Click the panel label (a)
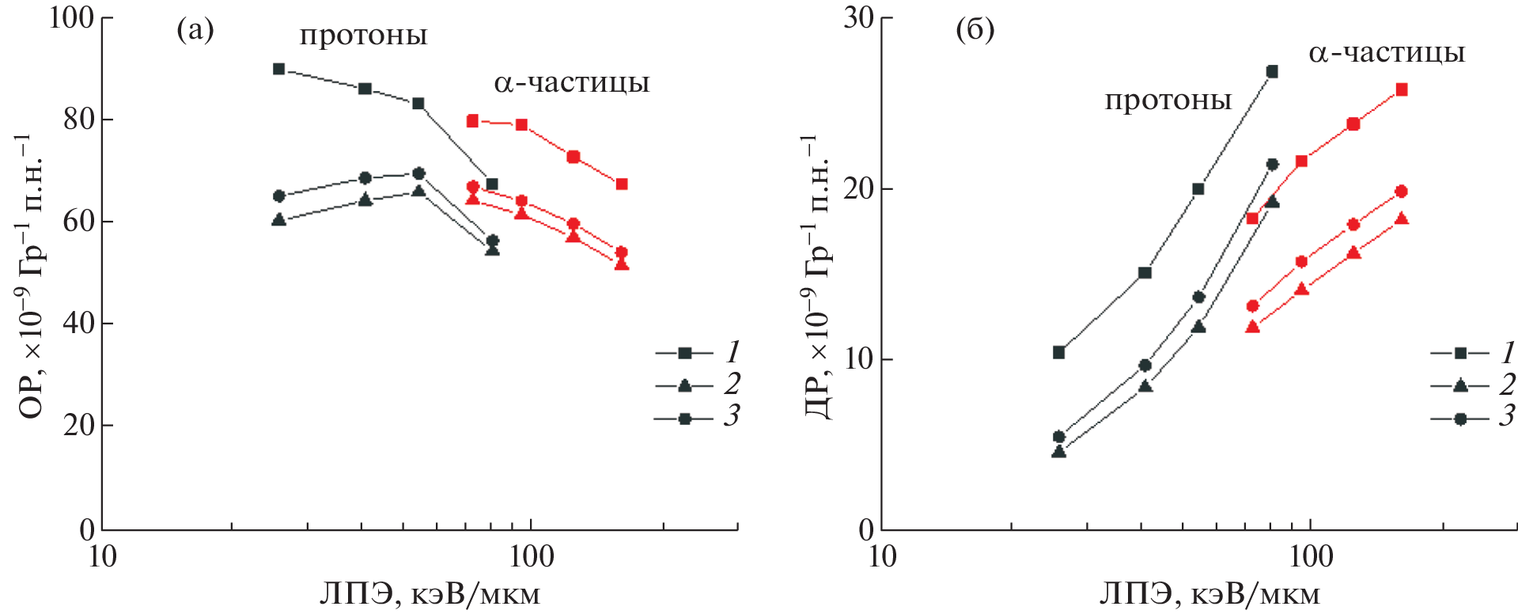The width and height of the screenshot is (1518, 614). point(195,31)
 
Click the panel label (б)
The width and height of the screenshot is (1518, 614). point(975,31)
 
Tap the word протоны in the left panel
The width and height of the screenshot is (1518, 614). point(363,36)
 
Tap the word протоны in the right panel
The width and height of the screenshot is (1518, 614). point(1168,100)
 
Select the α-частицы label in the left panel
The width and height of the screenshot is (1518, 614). point(571,83)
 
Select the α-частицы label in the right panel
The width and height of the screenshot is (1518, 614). point(1386,53)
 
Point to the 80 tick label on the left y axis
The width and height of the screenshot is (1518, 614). point(78,119)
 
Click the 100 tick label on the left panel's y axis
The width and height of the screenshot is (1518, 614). point(71,17)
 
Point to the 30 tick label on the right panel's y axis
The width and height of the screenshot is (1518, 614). point(857,17)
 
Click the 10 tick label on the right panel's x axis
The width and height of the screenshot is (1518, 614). point(882,557)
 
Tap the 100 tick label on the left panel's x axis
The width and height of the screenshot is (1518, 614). point(530,557)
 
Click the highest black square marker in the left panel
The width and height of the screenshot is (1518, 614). point(278,69)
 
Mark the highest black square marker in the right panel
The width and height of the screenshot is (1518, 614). point(1272,71)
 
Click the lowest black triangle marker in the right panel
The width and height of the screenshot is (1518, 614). point(1058,452)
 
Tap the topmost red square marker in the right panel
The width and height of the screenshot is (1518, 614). point(1402,89)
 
